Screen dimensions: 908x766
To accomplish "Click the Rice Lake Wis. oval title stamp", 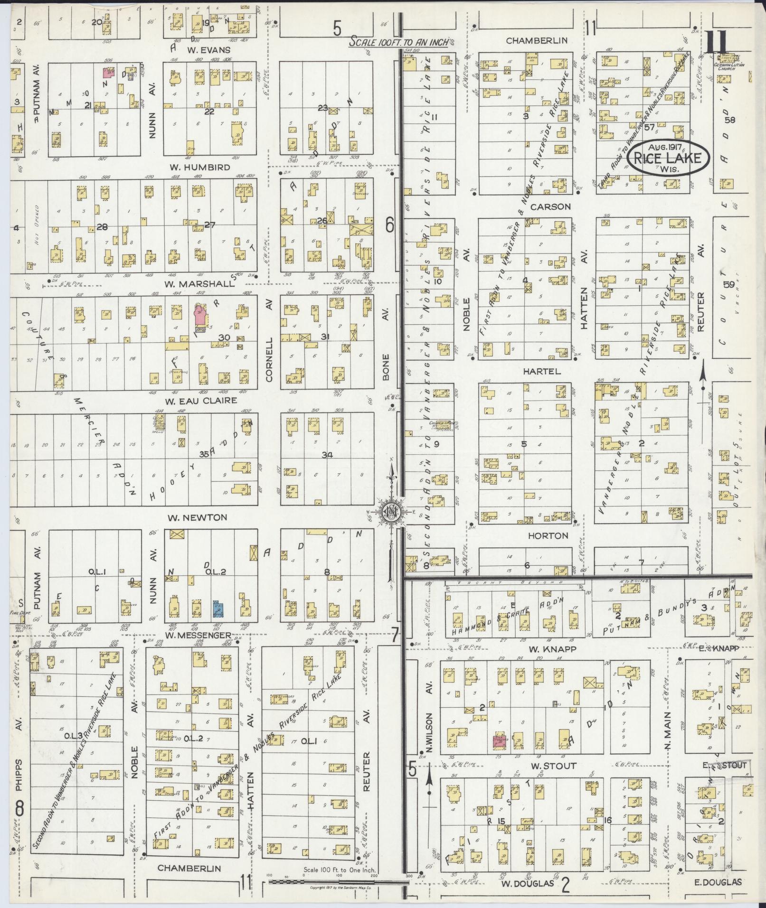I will coord(669,158).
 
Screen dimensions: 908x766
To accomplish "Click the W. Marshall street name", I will coord(199,283).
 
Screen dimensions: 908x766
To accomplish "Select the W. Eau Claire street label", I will coord(201,401).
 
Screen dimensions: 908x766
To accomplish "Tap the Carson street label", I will coord(550,207).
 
